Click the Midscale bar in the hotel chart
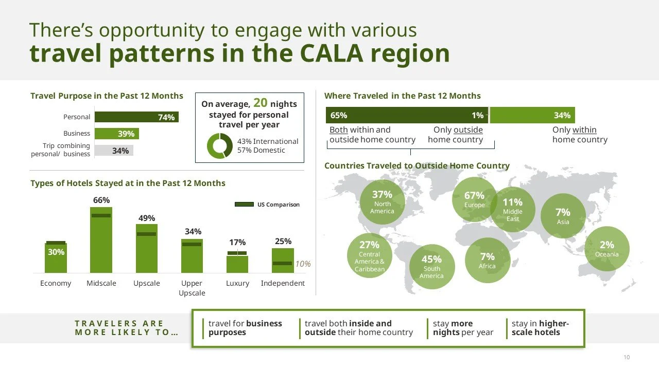coord(101,242)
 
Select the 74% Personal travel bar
coord(136,117)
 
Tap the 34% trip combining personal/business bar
coord(114,151)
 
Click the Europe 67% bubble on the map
coord(474,199)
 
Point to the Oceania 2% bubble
coord(607,249)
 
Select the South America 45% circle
coord(431,267)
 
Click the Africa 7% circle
coord(487,260)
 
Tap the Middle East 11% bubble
coord(513,209)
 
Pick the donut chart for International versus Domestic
coord(220,146)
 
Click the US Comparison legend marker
coord(244,205)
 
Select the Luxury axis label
coord(237,283)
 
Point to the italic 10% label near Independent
coord(303,264)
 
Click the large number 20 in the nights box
coord(260,103)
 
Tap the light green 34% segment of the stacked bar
coord(532,115)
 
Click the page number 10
coord(627,357)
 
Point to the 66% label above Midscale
coord(101,200)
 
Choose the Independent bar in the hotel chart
coord(283,261)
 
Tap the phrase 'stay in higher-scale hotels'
coord(540,328)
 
